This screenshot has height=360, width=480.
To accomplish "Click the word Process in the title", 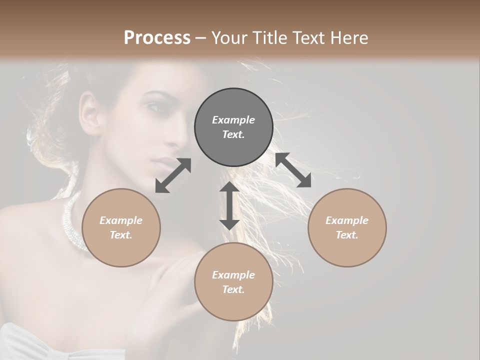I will click(x=157, y=38).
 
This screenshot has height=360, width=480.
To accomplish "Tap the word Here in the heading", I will click(x=349, y=38).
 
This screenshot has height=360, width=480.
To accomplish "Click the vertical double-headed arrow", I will click(x=229, y=205).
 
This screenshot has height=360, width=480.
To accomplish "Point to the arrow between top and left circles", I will click(x=173, y=175).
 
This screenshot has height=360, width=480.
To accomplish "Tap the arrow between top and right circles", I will click(x=293, y=170).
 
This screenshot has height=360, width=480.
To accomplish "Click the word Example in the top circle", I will click(x=233, y=120).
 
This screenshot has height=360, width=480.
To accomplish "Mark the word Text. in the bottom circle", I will click(x=233, y=289).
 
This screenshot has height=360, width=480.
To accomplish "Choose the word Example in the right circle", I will click(x=347, y=220).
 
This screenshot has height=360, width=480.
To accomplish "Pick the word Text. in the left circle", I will click(x=121, y=235).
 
